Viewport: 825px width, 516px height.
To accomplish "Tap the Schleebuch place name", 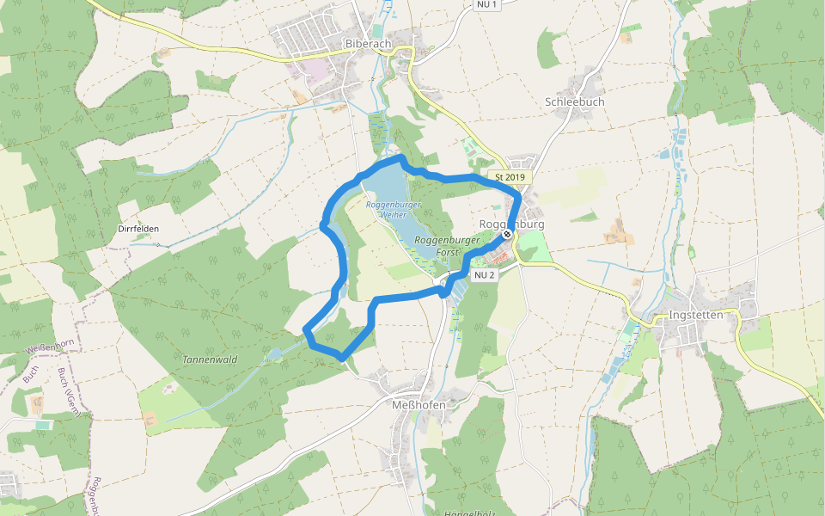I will click(x=575, y=101).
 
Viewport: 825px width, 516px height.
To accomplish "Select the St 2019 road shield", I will click(x=510, y=177).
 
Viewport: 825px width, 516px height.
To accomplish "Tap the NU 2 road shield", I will click(x=484, y=275).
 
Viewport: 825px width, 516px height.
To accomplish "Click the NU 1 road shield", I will click(x=486, y=5).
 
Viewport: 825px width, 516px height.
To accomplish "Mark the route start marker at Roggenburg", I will click(x=508, y=233).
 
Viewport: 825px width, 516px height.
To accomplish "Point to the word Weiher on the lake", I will click(x=394, y=214).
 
